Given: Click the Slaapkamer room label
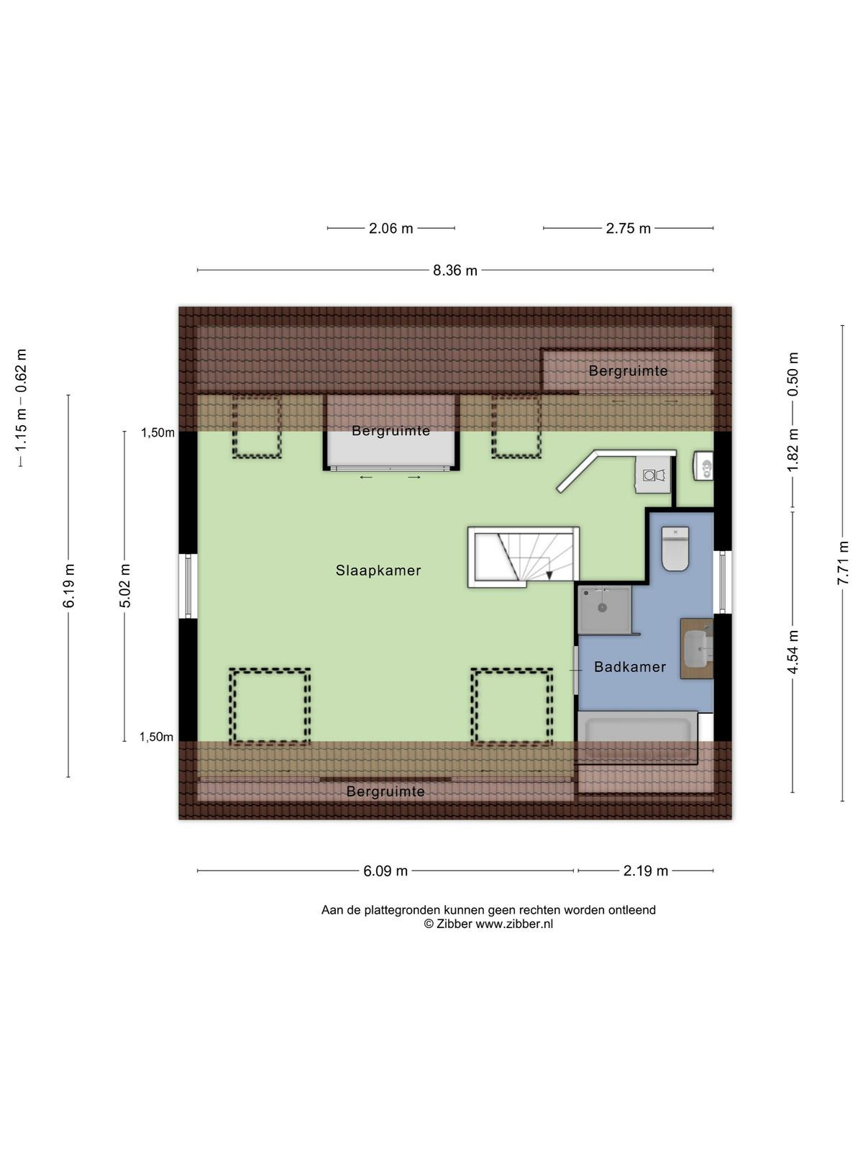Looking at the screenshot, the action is [378, 570].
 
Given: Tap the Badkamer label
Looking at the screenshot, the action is [630, 667].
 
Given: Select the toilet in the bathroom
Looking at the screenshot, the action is [675, 549].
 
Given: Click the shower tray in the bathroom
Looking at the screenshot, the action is [604, 610].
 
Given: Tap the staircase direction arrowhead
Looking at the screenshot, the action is [549, 575].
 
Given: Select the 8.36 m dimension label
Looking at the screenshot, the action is [455, 270].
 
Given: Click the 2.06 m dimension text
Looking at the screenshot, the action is [391, 229].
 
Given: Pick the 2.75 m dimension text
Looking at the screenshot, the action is [629, 229].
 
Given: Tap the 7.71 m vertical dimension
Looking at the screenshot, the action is [843, 563].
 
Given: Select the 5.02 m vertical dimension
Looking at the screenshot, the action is [124, 586].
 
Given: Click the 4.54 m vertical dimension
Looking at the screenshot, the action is [793, 652].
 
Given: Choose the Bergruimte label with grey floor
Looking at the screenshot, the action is [391, 431].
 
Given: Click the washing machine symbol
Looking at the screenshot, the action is [654, 475].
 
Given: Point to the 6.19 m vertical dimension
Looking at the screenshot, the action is [68, 586].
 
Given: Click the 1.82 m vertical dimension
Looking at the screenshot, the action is [793, 450].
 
